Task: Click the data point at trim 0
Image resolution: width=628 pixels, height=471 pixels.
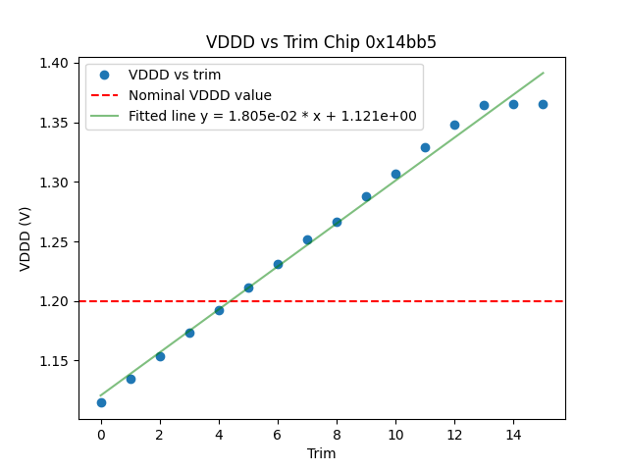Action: (101, 402)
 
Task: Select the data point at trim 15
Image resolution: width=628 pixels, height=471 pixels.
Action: (543, 104)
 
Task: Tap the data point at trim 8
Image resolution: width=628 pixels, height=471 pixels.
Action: (337, 222)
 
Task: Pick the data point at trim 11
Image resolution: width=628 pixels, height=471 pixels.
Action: (425, 147)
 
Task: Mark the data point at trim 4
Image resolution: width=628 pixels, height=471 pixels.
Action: (219, 310)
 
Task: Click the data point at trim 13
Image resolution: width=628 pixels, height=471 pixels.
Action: (484, 105)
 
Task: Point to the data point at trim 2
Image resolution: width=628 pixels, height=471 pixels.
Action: (160, 356)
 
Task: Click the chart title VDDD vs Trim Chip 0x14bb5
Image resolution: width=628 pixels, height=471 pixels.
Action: (321, 42)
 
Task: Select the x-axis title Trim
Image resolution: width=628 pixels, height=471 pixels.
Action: (321, 453)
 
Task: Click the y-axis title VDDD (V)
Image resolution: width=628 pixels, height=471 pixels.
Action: (26, 238)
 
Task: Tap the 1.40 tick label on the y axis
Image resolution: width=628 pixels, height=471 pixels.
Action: (53, 63)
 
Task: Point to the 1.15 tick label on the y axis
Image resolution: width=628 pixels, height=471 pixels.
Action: (53, 361)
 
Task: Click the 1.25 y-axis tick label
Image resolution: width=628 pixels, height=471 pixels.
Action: (53, 242)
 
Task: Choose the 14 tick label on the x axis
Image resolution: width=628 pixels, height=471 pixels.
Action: (513, 434)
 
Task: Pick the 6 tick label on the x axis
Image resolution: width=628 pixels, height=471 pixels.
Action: (278, 434)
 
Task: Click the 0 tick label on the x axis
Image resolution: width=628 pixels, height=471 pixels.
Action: (101, 434)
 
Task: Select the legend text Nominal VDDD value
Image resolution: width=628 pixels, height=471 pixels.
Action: (200, 95)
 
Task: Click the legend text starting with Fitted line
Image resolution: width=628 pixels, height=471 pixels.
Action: (272, 116)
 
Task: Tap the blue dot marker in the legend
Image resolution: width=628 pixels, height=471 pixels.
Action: (105, 76)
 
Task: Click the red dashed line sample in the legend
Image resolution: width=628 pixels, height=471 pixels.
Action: (105, 95)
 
